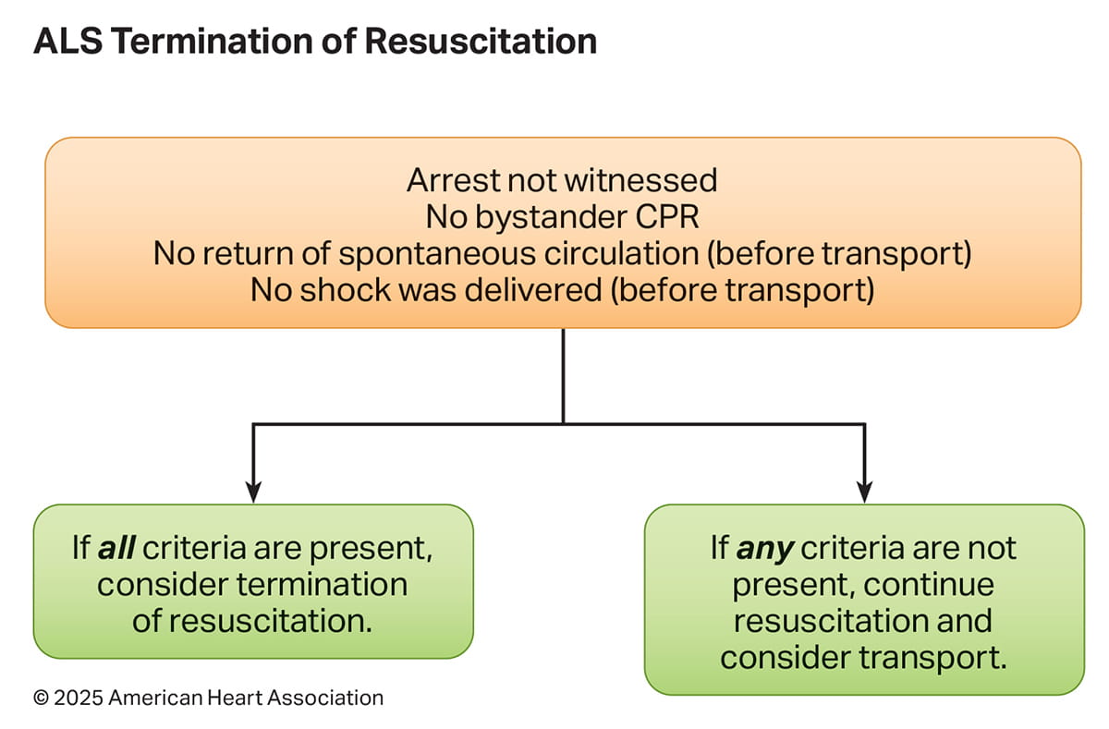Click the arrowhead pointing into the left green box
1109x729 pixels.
pyautogui.click(x=253, y=492)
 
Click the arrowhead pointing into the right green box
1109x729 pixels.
pyautogui.click(x=864, y=492)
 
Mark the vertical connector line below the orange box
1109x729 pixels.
pyautogui.click(x=563, y=374)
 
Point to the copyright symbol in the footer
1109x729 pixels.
pyautogui.click(x=41, y=698)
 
